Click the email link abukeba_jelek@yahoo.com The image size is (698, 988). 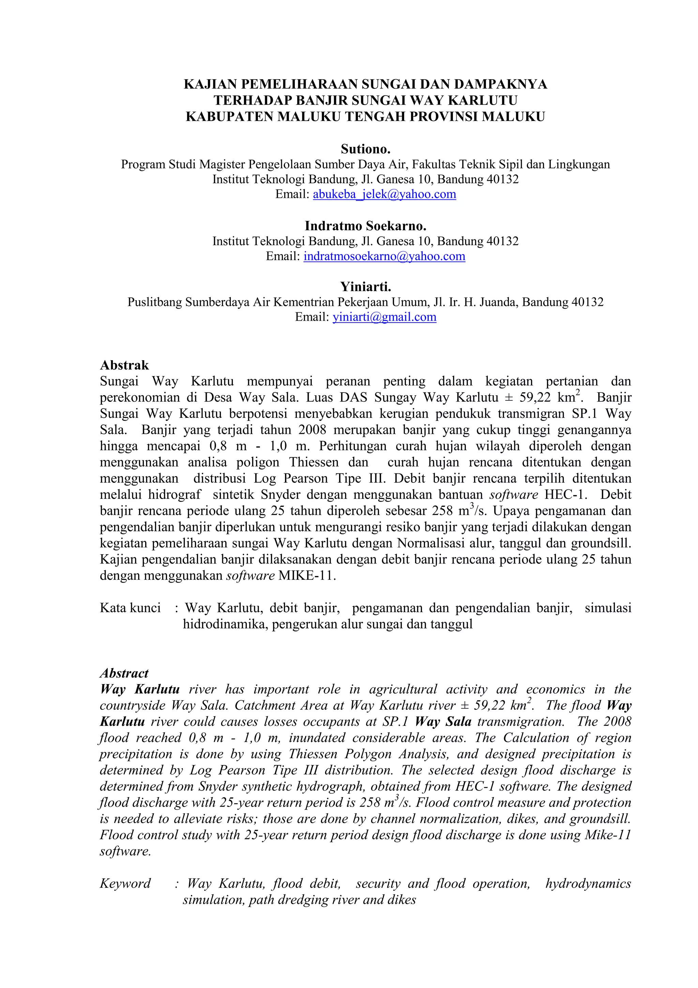(384, 194)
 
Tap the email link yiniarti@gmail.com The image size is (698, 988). (384, 317)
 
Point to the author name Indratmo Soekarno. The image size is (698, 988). (365, 225)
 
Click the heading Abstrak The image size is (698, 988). (124, 365)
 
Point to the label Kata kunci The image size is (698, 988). (130, 608)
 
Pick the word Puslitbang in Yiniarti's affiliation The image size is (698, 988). (154, 302)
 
